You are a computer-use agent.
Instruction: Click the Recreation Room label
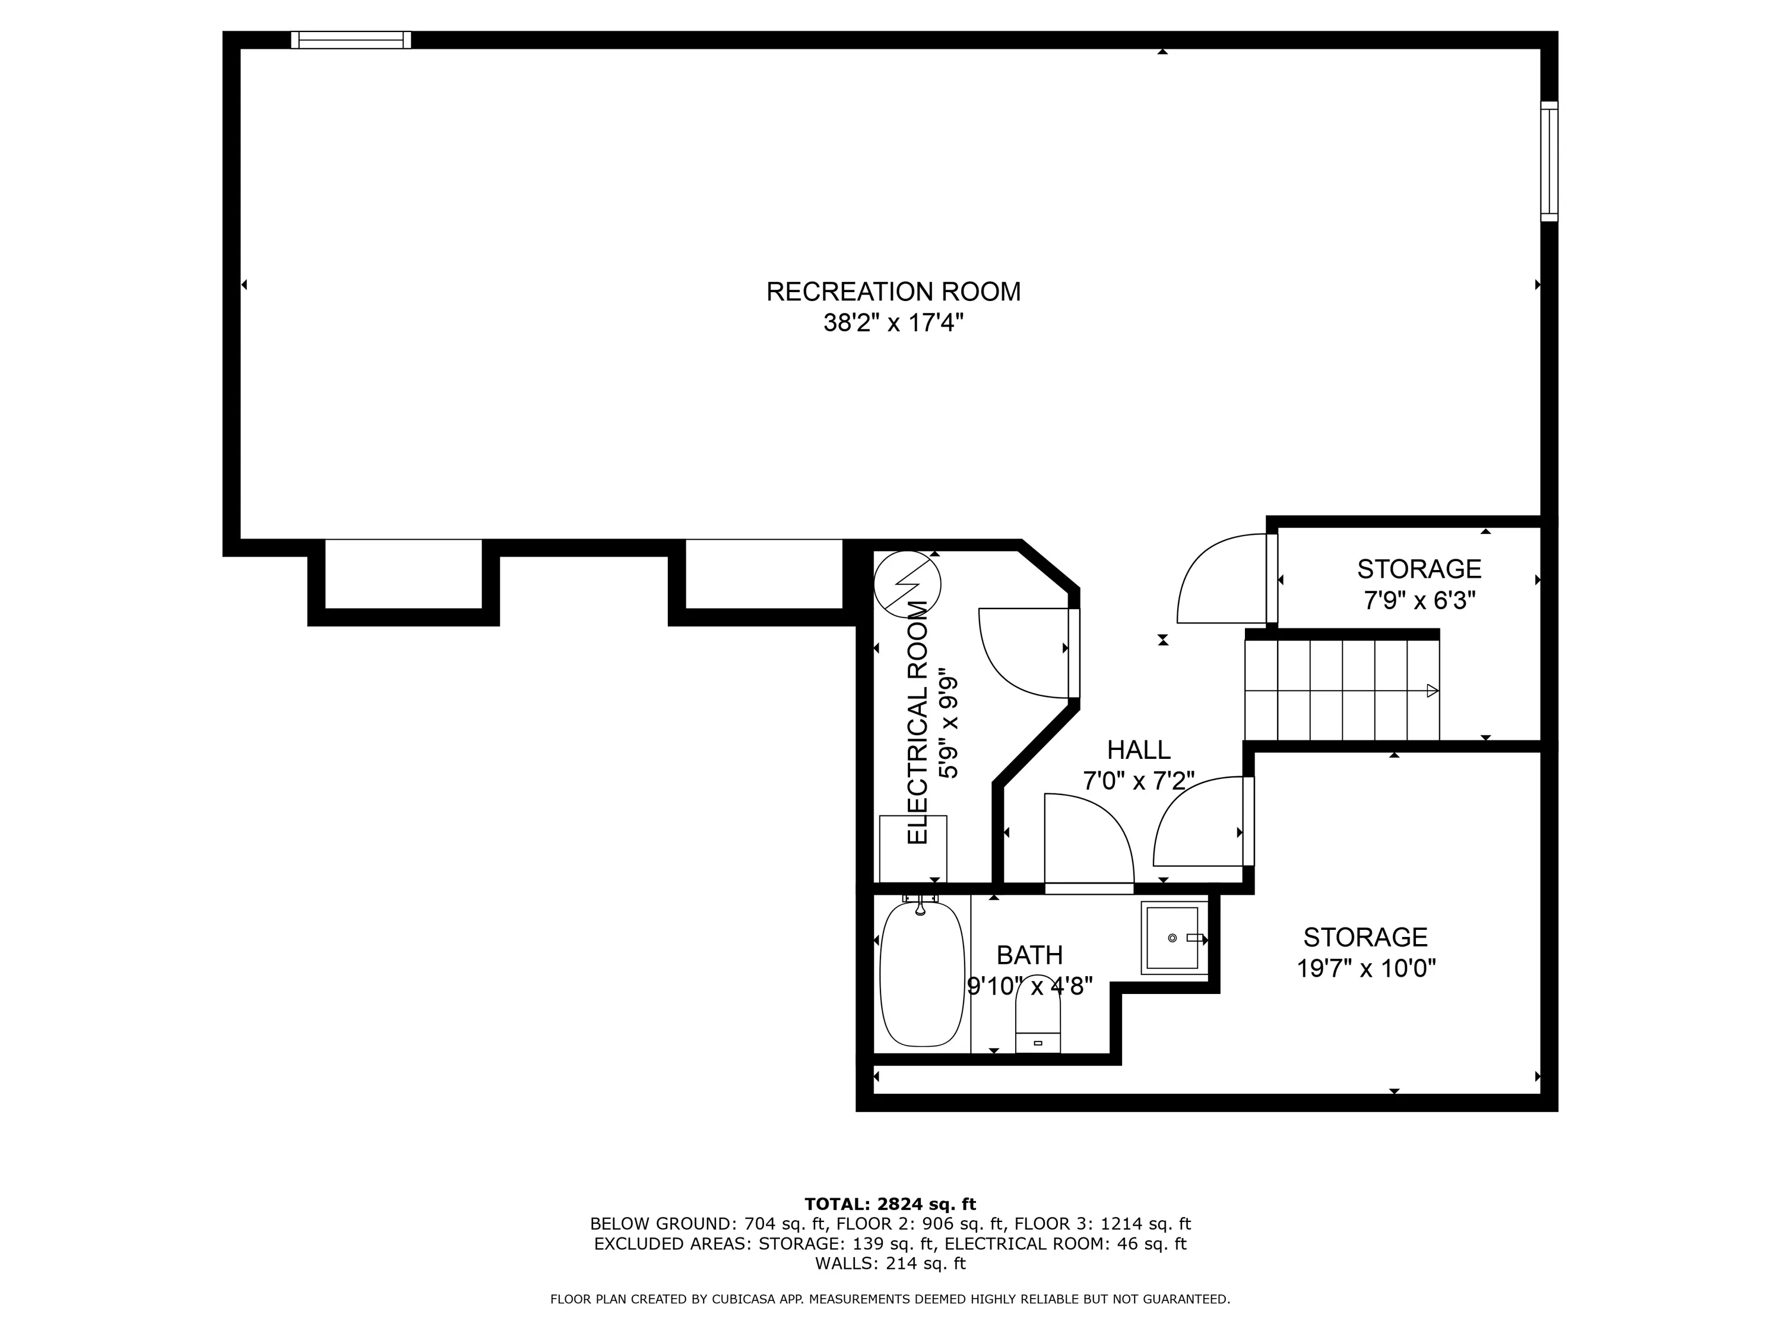(893, 292)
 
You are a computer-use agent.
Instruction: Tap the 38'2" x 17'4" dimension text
(893, 324)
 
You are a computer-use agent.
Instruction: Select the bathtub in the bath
(922, 974)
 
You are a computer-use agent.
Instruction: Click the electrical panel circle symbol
(907, 584)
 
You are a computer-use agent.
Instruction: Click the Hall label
(1139, 750)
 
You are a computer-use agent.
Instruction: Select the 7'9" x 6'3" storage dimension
(1419, 601)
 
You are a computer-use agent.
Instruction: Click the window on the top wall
(351, 39)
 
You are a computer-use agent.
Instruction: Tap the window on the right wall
(1549, 161)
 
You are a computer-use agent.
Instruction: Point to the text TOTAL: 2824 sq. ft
(890, 1204)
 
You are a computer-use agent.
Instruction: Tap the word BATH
(1030, 955)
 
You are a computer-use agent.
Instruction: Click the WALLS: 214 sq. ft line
(890, 1264)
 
